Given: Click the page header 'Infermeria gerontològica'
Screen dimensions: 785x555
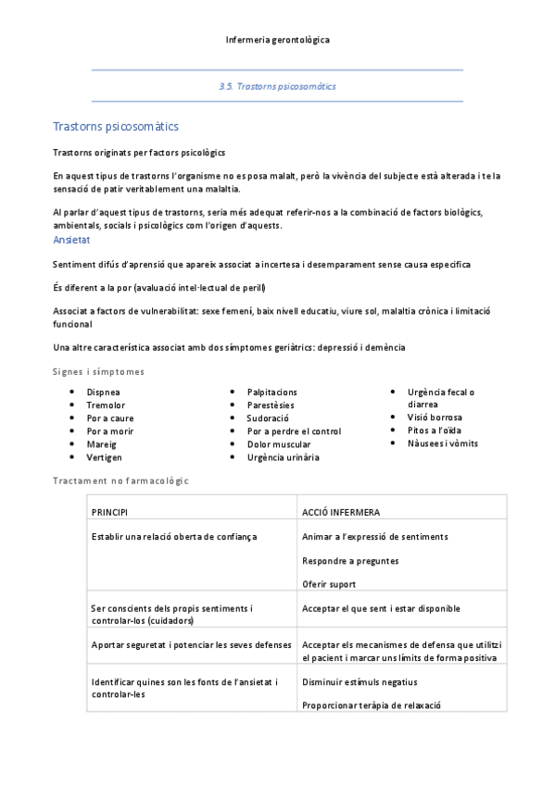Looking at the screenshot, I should pos(277,40).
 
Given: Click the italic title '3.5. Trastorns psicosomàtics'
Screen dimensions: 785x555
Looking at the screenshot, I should pos(277,86).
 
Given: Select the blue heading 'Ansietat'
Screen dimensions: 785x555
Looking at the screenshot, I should pos(71,240).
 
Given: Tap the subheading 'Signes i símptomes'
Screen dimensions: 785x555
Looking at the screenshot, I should pos(98,371).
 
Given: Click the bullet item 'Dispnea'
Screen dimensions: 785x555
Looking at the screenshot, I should pos(103,392).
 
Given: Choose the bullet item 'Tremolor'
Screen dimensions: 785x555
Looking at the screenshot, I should pos(106,405).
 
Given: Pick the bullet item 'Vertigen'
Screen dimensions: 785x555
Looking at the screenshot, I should pos(104,457).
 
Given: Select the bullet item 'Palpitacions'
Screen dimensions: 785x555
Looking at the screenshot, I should pos(271,392).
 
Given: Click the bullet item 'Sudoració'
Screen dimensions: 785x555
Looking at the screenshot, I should pos(267,418).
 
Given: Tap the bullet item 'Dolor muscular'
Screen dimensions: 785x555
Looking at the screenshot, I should pos(278,444).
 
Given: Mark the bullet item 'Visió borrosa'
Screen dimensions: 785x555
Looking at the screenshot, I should pos(434,417).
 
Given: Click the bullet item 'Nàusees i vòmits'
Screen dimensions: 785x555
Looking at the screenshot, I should pos(442,443).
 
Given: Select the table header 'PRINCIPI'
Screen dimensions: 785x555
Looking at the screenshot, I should pos(109,512).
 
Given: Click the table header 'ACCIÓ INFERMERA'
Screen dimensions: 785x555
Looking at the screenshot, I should pos(340,512).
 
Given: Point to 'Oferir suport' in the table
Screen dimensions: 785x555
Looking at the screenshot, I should pos(329,584).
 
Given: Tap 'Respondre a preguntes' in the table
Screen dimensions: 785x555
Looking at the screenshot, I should pos(350,560).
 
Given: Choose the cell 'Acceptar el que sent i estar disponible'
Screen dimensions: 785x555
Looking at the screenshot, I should pos(381,608).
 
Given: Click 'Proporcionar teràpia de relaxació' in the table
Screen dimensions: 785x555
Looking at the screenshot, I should pos(371,704).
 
